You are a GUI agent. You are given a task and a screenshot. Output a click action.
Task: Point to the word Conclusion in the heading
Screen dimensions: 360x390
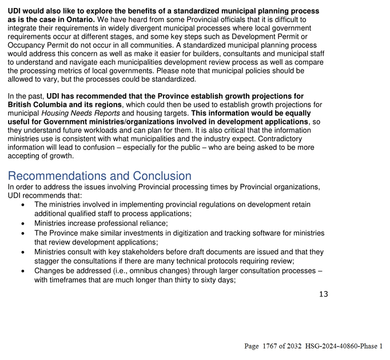[162, 176]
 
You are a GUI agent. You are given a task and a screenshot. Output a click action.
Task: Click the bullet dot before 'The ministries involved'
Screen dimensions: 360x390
[22, 205]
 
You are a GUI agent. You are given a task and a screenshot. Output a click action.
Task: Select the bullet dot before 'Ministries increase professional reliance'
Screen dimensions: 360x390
[22, 223]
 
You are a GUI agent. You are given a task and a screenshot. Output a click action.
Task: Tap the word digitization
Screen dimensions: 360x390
[204, 233]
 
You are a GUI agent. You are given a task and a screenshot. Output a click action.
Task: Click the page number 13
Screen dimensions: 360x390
[323, 294]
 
